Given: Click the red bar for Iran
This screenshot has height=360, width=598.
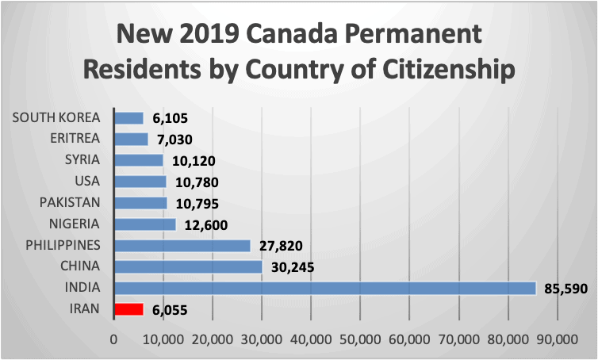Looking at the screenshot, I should pyautogui.click(x=129, y=309).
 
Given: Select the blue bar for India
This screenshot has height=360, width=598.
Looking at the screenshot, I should pyautogui.click(x=325, y=288).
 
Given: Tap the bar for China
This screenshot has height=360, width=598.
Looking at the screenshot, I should pyautogui.click(x=188, y=266).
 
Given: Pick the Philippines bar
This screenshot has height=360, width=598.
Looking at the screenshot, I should pyautogui.click(x=182, y=246).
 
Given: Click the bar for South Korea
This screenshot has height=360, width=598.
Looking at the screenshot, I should pyautogui.click(x=129, y=118).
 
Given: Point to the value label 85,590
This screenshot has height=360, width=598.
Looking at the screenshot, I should pyautogui.click(x=564, y=289).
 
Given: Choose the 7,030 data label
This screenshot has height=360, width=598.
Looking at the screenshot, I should pyautogui.click(x=174, y=140).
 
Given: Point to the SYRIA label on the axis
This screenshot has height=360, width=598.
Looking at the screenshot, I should pyautogui.click(x=82, y=160).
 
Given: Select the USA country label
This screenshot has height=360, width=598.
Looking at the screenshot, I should pyautogui.click(x=87, y=182).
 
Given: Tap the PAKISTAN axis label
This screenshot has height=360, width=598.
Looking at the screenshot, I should pyautogui.click(x=70, y=203).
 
